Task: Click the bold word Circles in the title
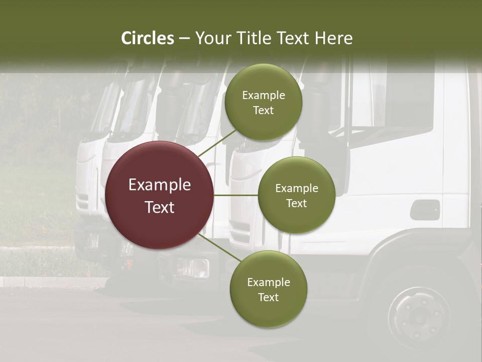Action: (148, 38)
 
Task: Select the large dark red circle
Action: (160, 195)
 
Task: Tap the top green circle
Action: (264, 103)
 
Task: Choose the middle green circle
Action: (297, 195)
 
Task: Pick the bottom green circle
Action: (268, 290)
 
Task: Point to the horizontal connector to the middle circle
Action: (236, 195)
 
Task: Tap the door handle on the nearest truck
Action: (425, 210)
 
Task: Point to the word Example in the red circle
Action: (160, 185)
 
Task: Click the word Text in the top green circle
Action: (264, 111)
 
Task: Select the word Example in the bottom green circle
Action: (268, 282)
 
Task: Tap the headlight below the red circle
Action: (193, 267)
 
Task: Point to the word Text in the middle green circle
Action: (297, 203)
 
